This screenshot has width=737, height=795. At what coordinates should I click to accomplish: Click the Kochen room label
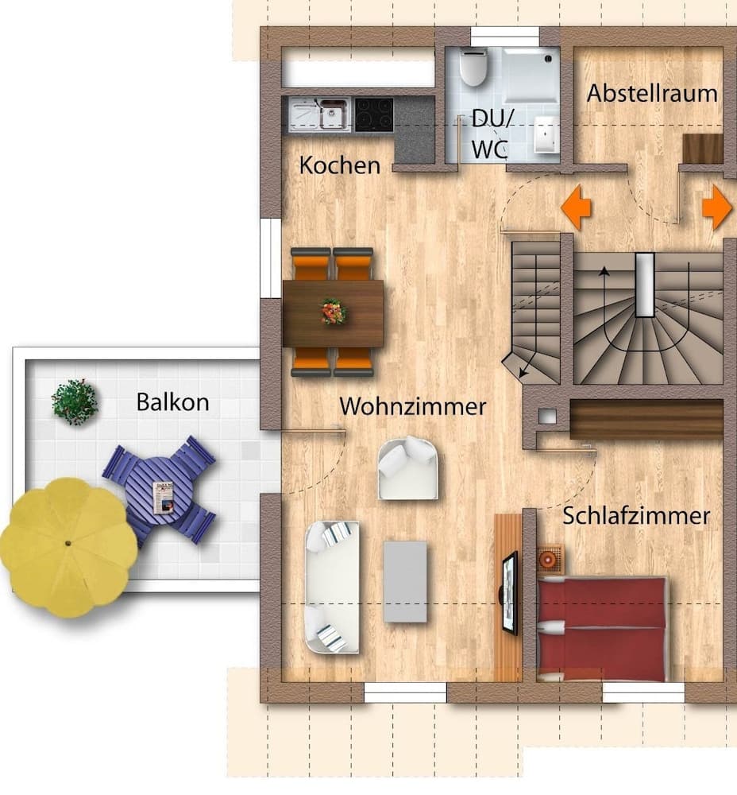click(339, 166)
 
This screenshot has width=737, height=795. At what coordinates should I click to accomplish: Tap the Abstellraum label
click(651, 93)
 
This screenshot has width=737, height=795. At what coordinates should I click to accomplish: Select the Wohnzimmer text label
click(412, 406)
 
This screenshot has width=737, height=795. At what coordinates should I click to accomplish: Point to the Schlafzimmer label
click(636, 515)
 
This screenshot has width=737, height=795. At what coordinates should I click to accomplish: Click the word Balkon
click(172, 401)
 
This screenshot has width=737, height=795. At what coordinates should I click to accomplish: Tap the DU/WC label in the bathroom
click(492, 133)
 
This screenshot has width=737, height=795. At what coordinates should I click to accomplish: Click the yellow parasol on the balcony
click(68, 546)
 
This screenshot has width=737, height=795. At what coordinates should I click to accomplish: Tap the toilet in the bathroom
click(473, 67)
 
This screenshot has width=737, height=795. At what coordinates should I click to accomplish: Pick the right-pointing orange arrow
click(716, 207)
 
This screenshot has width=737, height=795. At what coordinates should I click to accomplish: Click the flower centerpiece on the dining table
click(334, 311)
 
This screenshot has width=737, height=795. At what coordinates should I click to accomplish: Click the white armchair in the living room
click(407, 468)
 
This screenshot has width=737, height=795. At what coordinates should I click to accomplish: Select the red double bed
click(602, 630)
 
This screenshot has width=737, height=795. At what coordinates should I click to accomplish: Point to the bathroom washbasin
click(545, 134)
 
